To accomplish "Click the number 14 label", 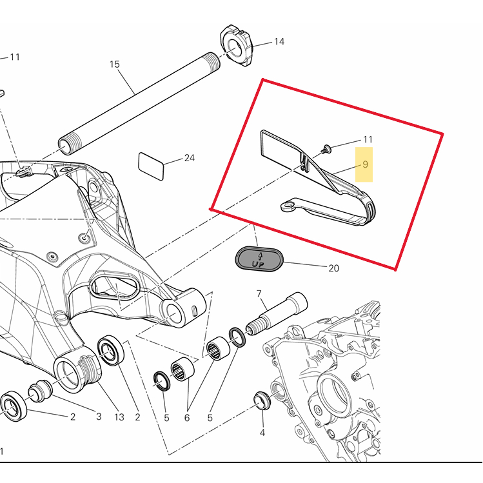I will click(x=279, y=42).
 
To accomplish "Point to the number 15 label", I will click(x=115, y=64).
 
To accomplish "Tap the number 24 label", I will click(x=189, y=158).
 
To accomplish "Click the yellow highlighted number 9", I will click(x=365, y=164).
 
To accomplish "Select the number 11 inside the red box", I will click(x=368, y=139).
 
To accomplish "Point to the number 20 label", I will click(x=333, y=268).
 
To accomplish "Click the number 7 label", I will click(x=259, y=294).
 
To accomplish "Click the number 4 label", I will click(x=262, y=433).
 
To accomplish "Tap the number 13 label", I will click(x=119, y=417).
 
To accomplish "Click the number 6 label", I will click(x=187, y=418).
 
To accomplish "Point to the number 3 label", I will click(x=99, y=417).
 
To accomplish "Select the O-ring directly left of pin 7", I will click(x=237, y=337).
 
